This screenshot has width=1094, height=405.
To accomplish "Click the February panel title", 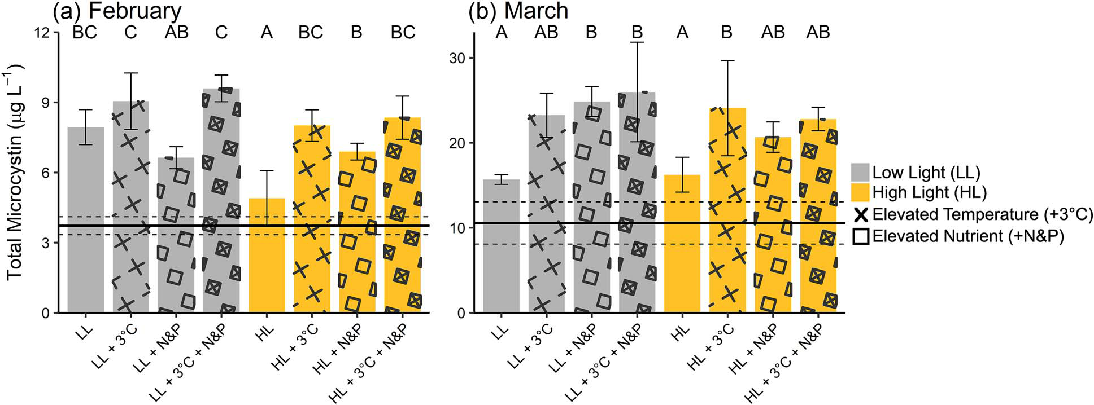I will click(117, 11).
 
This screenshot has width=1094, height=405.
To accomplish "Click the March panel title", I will click(518, 11).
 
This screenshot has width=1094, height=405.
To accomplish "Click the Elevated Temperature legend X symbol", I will click(861, 215).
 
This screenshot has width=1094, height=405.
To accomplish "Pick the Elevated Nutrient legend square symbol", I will click(861, 237).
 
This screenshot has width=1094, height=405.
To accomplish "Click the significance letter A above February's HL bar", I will click(267, 32).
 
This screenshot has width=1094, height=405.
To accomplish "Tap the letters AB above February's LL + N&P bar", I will click(176, 32).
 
